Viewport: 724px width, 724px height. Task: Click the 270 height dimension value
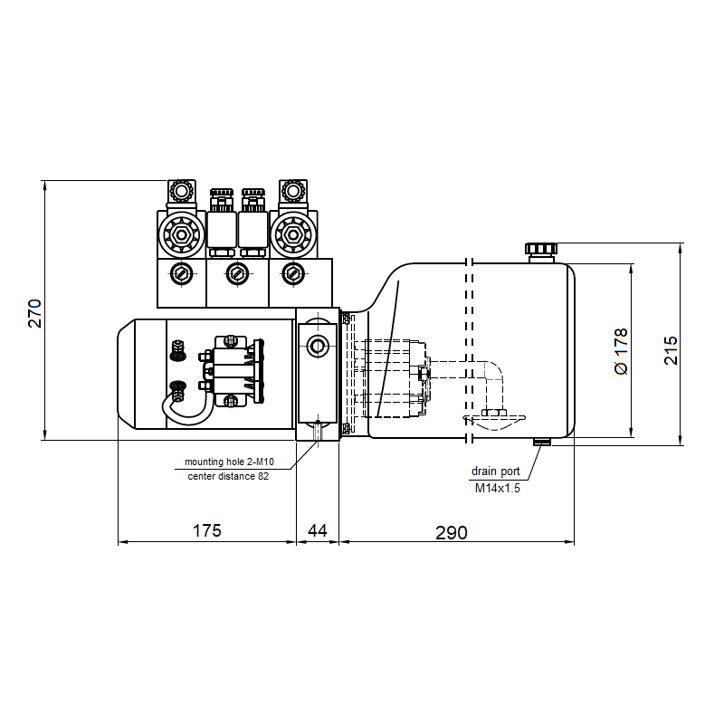35,313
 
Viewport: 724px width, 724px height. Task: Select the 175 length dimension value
207,530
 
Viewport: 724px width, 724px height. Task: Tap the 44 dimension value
318,530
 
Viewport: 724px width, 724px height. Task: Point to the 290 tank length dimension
451,533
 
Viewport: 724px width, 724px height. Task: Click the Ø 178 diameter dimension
622,351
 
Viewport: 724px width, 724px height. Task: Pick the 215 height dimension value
671,350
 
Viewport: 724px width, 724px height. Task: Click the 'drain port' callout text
495,472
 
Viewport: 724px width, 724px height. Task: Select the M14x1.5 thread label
497,488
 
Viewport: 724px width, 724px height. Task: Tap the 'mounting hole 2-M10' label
229,462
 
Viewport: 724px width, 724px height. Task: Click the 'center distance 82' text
228,476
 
